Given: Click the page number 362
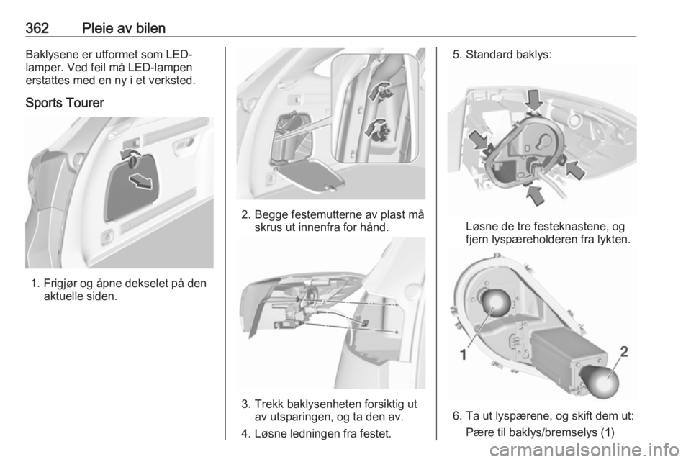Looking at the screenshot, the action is tap(37, 28).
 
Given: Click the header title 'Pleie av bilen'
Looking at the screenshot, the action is tap(124, 28).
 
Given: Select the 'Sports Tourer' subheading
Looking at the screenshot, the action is tap(65, 103).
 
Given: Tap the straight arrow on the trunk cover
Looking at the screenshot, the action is tap(140, 181).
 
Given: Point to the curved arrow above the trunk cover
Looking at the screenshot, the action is tap(131, 155).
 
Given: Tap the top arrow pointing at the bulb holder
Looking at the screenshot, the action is tap(534, 99).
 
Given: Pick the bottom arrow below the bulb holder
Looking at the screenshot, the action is tap(536, 195).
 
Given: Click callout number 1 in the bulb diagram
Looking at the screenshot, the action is tap(463, 353).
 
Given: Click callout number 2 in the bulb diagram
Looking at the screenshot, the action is tap(625, 351).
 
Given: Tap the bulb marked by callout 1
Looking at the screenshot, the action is tap(495, 302).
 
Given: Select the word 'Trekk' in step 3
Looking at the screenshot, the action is tap(268, 404).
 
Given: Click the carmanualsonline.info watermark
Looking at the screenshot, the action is tap(587, 450).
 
